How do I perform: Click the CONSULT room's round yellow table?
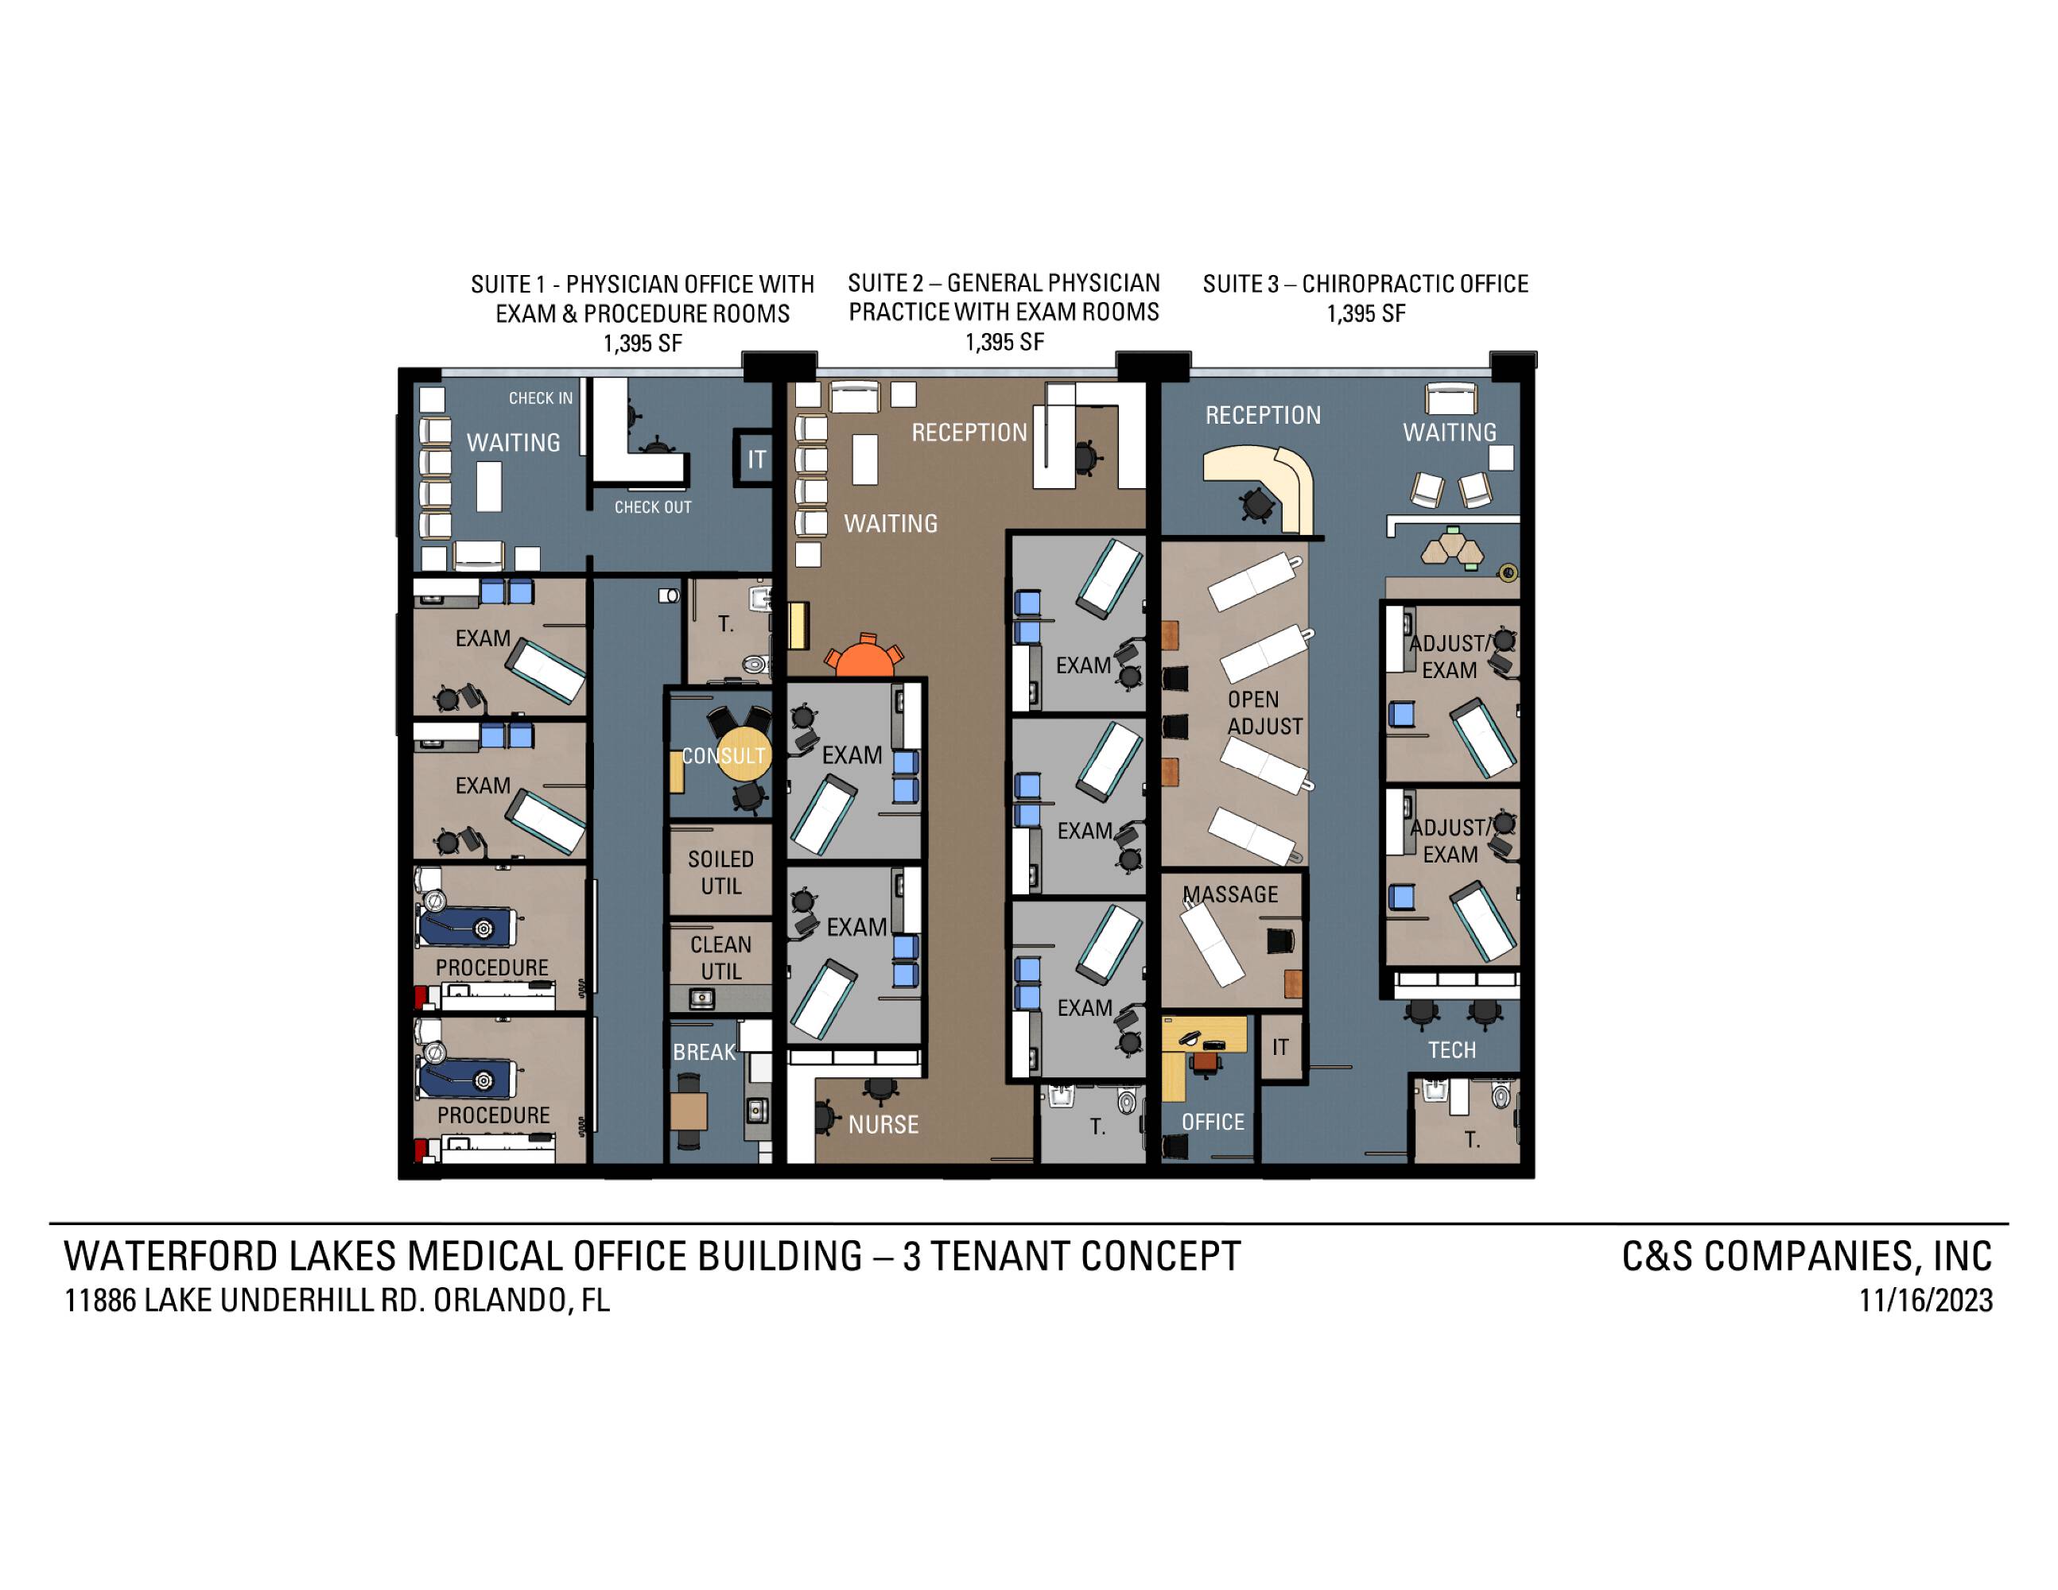744,753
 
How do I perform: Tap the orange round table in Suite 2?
863,658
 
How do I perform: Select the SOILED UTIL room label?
721,872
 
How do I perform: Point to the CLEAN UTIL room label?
721,957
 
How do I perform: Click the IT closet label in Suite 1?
757,460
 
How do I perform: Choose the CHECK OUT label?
653,506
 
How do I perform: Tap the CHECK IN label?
541,398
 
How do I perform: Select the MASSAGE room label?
1231,894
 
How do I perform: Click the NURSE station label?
883,1125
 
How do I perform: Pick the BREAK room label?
704,1052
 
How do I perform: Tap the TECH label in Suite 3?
1451,1050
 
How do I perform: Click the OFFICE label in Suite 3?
1213,1122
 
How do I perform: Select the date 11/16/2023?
1925,1301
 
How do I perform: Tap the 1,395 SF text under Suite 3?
1366,314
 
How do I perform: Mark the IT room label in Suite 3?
1279,1046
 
